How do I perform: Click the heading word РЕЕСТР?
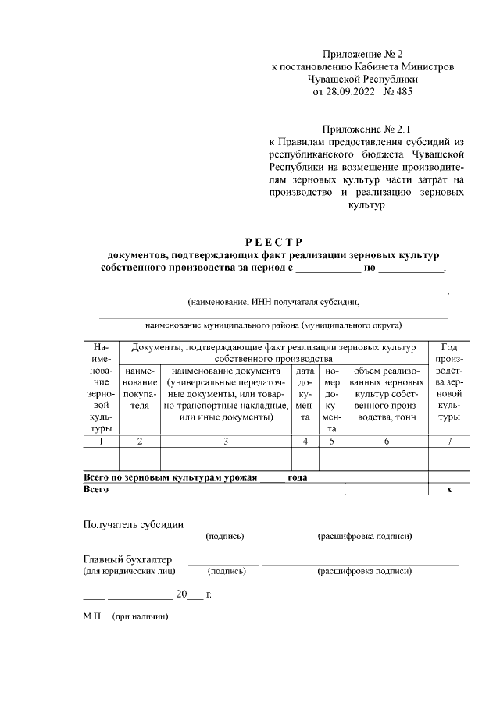[x=273, y=241]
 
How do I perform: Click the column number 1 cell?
[x=100, y=442]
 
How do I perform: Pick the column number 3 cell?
[x=226, y=442]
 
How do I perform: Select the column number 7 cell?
[x=449, y=442]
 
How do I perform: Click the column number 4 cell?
[x=305, y=442]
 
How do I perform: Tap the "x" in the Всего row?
[x=449, y=489]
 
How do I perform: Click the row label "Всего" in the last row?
[x=96, y=489]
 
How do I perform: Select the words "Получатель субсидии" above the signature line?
[x=134, y=524]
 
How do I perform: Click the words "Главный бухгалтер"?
[x=128, y=559]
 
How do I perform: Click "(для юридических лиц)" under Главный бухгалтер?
[x=129, y=572]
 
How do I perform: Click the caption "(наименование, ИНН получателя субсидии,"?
[x=273, y=302]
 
